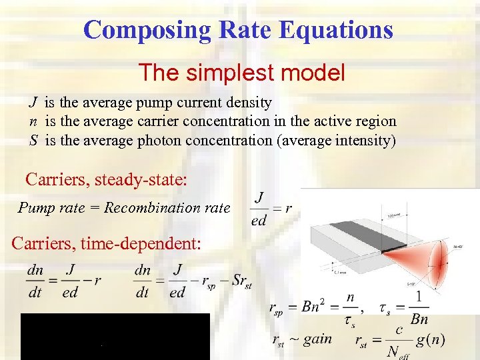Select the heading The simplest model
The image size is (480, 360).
241,72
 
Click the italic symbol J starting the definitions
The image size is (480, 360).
32,103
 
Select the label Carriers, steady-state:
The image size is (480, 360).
107,179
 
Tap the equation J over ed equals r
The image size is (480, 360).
271,208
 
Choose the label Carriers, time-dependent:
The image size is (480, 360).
106,243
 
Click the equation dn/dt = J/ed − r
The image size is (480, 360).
64,281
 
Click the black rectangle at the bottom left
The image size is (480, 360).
115,336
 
